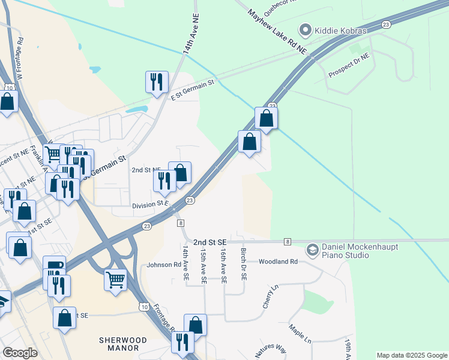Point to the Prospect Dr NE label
pyautogui.click(x=349, y=66)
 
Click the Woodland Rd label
pyautogui.click(x=279, y=262)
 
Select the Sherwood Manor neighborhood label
pyautogui.click(x=119, y=344)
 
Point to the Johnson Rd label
pyautogui.click(x=164, y=264)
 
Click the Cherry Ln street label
pyautogui.click(x=268, y=296)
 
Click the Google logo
pyautogui.click(x=20, y=353)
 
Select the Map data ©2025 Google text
pyautogui.click(x=411, y=355)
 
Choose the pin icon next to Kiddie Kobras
pyautogui.click(x=306, y=29)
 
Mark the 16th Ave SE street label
pyautogui.click(x=223, y=266)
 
